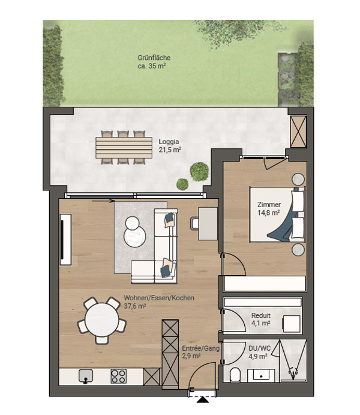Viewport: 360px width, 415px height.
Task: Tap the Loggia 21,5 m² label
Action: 170,145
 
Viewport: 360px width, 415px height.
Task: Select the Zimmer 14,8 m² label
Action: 269,208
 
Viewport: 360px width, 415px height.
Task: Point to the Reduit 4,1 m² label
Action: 260,319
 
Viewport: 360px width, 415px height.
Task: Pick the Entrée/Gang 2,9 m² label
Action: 200,352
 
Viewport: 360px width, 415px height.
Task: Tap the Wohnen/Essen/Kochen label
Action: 159,298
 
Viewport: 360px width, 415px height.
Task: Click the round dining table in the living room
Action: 102,320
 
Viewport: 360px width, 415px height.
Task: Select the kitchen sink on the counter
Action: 86,376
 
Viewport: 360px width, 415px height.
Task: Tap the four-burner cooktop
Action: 118,376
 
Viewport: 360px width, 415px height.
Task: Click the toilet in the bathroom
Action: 235,375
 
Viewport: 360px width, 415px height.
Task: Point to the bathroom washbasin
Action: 261,375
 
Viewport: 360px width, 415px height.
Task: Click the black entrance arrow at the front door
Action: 203,399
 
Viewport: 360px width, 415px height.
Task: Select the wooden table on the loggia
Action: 124,147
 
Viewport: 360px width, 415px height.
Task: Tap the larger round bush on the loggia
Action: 199,172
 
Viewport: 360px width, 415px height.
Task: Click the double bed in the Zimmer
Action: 278,214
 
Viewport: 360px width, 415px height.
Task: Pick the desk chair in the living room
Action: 194,223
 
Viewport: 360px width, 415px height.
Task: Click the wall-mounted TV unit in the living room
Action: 65,240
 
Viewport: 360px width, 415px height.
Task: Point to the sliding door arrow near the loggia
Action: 103,201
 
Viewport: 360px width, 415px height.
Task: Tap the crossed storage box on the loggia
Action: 298,132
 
